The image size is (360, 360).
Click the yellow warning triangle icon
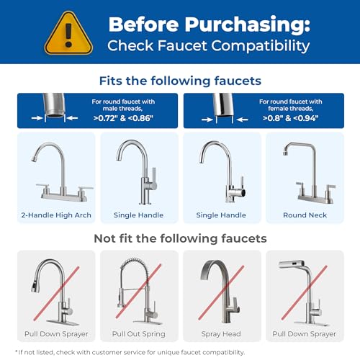point(68,33)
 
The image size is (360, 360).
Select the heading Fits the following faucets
point(179,81)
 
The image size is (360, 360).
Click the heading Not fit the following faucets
point(179,238)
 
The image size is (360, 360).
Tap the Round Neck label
point(304,215)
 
